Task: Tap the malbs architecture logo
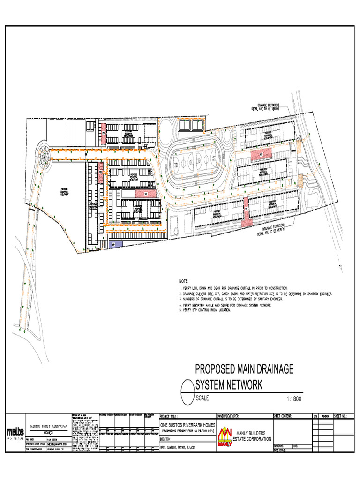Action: (15, 432)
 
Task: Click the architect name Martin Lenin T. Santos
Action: (49, 427)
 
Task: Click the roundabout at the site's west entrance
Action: (45, 155)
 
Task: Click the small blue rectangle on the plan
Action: (115, 244)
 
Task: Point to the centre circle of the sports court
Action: (197, 163)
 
